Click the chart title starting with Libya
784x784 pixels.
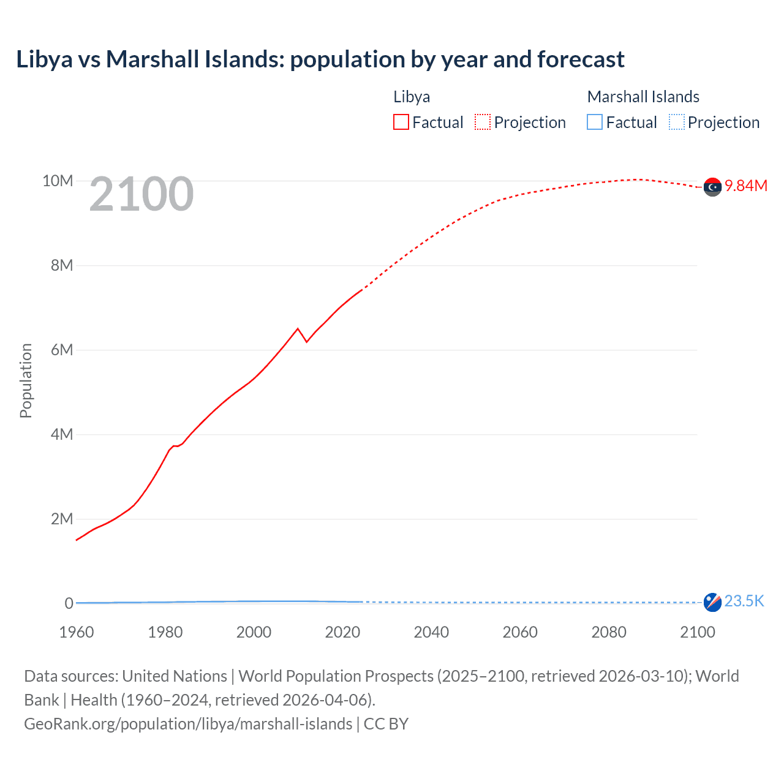coord(320,59)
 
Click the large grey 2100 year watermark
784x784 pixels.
coord(141,195)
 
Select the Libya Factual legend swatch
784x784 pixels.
coord(401,123)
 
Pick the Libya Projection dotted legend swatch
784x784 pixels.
coord(483,123)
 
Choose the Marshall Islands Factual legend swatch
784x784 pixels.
coord(595,123)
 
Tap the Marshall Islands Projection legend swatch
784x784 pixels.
coord(676,123)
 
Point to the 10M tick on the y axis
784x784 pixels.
coord(58,181)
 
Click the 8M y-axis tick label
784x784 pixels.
coord(62,266)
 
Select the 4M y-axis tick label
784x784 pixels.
coord(62,435)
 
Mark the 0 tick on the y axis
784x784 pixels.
coord(69,604)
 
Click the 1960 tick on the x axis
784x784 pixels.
coord(77,632)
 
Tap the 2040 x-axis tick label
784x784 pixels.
coord(431,632)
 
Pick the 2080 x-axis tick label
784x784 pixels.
coord(609,632)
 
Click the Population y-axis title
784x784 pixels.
coord(26,380)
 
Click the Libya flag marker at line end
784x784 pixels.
coord(712,187)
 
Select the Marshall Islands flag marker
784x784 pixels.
coord(712,602)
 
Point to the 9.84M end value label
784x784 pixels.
coord(746,186)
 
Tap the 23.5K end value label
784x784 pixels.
coord(744,601)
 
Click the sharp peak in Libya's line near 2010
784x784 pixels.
coord(298,329)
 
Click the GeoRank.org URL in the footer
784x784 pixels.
coord(188,724)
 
